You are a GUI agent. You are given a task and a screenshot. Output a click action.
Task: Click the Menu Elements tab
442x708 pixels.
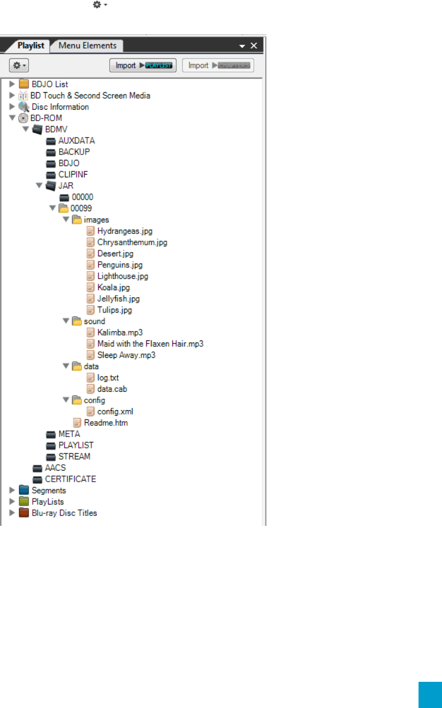tap(87, 46)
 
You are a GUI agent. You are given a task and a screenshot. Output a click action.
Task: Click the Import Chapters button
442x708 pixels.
tap(218, 65)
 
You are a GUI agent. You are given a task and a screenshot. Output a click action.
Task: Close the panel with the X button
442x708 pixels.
tap(254, 46)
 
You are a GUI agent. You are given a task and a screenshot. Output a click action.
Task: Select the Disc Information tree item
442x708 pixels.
tap(60, 107)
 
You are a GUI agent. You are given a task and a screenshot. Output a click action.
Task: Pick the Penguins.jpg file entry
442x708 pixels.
tap(120, 265)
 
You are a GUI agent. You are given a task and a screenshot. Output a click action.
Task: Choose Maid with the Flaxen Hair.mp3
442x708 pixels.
tap(150, 344)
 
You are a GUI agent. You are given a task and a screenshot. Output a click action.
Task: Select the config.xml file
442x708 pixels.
tap(115, 411)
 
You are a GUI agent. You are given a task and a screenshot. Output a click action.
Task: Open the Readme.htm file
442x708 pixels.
tap(106, 423)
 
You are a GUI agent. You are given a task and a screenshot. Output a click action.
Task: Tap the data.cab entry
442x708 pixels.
tap(112, 389)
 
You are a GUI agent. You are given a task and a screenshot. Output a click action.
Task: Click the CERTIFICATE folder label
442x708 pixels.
tap(70, 479)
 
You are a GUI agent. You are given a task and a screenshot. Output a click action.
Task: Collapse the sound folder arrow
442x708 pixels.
tap(65, 321)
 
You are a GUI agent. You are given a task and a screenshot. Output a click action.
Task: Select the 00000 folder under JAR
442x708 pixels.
tap(82, 197)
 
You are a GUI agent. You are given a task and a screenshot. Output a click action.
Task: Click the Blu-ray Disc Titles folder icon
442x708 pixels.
tap(23, 513)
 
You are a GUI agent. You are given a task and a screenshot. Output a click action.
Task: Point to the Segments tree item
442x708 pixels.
tap(49, 490)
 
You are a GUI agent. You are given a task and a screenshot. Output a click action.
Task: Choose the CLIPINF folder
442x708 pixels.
tap(73, 175)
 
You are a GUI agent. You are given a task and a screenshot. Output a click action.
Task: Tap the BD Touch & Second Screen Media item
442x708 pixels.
tap(90, 95)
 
